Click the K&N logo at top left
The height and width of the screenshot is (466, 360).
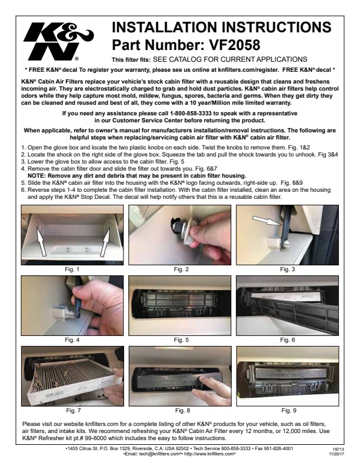[x=58, y=42]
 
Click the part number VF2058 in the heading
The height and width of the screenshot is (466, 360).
[x=235, y=45]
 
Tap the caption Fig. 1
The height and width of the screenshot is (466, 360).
[x=72, y=269]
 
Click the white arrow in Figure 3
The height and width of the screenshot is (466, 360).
[x=266, y=221]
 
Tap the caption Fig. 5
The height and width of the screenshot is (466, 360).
[x=181, y=339]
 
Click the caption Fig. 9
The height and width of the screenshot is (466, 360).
[x=289, y=411]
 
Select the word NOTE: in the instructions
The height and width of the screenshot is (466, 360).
[x=37, y=175]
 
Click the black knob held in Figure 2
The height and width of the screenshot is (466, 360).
[x=177, y=225]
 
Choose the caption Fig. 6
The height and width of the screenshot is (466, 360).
[x=288, y=339]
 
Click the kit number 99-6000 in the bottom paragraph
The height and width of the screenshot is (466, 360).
[x=95, y=438]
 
